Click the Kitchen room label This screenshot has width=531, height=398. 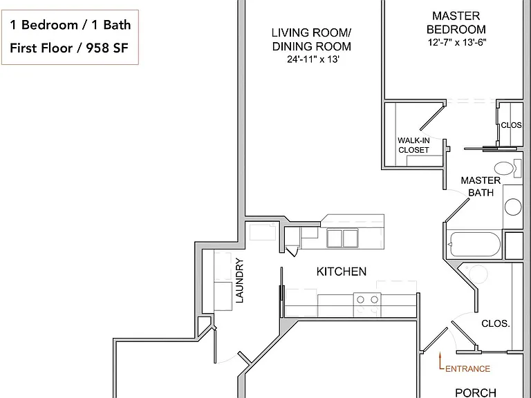point(342,272)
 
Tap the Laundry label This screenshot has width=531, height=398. point(240,281)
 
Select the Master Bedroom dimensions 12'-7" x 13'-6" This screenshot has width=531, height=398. point(457,43)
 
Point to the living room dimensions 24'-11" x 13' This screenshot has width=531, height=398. point(313,59)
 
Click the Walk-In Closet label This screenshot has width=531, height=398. point(413,145)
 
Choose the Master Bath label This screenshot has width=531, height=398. point(481,187)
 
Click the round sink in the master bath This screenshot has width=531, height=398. point(513,207)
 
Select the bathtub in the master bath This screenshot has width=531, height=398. point(474,245)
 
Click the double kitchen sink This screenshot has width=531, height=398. point(342,238)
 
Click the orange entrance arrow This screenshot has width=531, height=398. point(440,361)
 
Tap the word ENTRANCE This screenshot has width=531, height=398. point(467,368)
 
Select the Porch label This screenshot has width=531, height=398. point(476,392)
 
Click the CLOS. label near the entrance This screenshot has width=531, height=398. point(496,323)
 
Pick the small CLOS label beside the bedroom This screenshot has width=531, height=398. point(511,125)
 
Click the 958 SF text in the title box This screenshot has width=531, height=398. point(107,48)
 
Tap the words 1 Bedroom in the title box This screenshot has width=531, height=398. point(44,25)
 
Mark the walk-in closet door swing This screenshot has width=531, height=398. point(432,118)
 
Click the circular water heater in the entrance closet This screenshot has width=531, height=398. point(478,274)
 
